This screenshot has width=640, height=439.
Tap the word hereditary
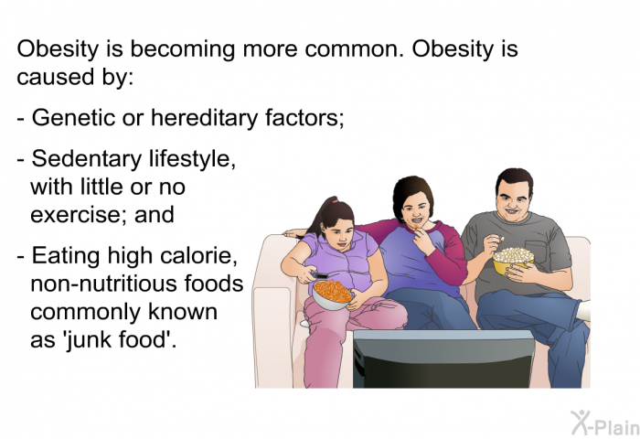(205, 118)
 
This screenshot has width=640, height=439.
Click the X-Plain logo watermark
(604, 423)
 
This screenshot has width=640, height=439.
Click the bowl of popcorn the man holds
(513, 260)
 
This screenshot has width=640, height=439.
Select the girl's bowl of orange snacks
(332, 294)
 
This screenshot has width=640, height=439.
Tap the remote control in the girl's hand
(319, 275)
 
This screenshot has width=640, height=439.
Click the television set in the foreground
(443, 359)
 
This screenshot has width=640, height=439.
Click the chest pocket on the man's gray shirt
(537, 253)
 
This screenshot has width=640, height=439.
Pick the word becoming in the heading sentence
(183, 49)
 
